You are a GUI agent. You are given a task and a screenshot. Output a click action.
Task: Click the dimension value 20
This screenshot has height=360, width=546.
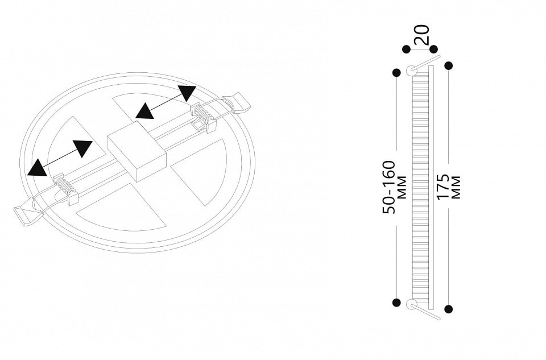click(x=422, y=34)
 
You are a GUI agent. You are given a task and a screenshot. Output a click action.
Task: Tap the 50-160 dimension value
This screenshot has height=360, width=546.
click(x=389, y=187)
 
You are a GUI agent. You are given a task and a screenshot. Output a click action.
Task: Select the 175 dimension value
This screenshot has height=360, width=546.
click(x=443, y=187)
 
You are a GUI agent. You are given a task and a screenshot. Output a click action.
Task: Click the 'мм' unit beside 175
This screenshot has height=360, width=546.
click(x=456, y=187)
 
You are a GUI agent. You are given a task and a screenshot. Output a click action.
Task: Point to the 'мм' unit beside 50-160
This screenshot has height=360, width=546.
click(x=402, y=187)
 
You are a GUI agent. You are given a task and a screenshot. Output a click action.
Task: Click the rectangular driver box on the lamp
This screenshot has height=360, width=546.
click(x=137, y=151)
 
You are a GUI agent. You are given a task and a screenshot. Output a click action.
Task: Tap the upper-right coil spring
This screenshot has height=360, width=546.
click(x=201, y=114)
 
